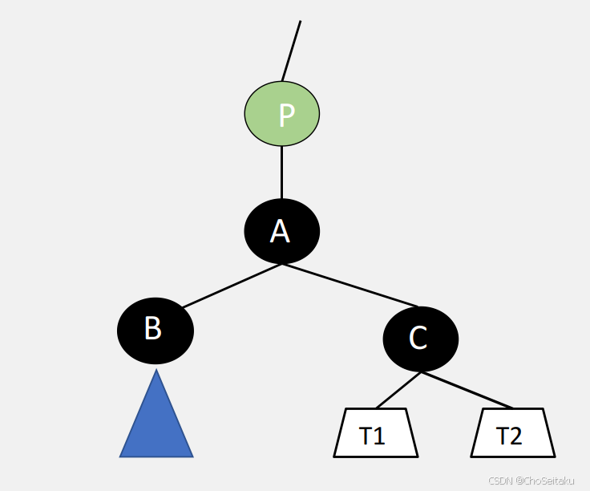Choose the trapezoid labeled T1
375,433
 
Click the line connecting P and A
282,172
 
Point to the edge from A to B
231,286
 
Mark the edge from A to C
350,285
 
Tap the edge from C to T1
398,390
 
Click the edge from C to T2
467,390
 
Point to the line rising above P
292,50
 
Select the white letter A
280,231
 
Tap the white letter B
153,329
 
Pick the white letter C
418,339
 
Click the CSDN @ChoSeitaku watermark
531,481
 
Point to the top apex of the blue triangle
156,371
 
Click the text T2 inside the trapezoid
509,436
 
